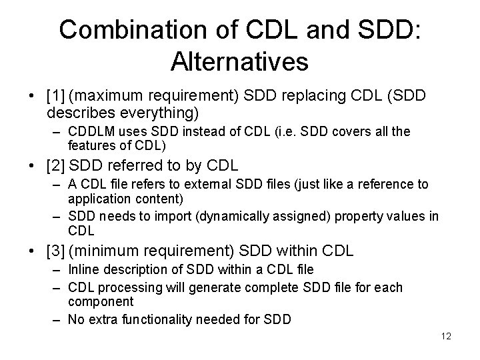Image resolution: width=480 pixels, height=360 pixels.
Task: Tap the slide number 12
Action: coord(446,336)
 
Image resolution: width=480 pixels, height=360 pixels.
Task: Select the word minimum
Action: coord(109,251)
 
